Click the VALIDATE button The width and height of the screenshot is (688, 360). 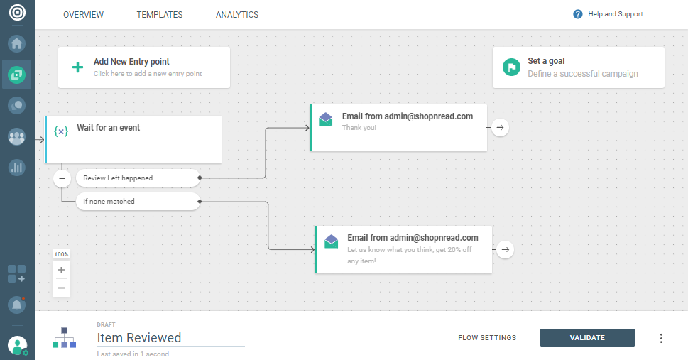[587, 337]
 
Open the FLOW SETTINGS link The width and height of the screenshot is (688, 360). [487, 337]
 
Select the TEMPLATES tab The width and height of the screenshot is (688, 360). [160, 15]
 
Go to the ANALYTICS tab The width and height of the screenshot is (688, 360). [237, 15]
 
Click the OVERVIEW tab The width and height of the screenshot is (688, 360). [83, 15]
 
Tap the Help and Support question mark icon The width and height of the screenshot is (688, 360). [577, 14]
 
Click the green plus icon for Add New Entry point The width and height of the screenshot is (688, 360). [77, 67]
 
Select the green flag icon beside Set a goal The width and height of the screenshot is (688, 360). [511, 67]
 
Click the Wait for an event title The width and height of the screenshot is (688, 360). [109, 128]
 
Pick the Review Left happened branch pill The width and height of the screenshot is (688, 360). [138, 178]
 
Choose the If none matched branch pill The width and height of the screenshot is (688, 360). [138, 202]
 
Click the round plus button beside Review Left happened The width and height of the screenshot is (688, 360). [62, 179]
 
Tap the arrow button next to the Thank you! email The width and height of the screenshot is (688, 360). [501, 128]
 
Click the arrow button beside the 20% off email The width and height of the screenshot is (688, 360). [506, 250]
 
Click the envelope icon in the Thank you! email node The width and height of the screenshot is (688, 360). [326, 119]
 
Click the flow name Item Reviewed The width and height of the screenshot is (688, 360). [139, 337]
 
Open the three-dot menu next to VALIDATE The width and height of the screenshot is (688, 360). [661, 338]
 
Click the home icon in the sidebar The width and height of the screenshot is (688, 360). [16, 43]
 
